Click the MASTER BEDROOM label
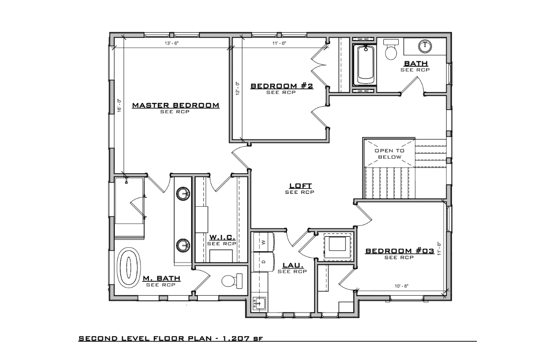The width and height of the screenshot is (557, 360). pos(176,105)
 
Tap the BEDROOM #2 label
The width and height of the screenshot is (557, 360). pos(282,86)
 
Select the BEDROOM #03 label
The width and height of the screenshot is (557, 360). pos(400,251)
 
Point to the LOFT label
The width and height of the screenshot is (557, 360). pos(300,185)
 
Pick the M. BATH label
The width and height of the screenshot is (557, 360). pos(162,278)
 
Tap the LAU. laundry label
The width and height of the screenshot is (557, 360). pos(293,265)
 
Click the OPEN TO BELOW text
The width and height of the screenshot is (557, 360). pos(389,154)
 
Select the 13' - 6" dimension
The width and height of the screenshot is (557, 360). pos(171,44)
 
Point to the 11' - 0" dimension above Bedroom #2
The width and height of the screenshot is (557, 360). pos(279,44)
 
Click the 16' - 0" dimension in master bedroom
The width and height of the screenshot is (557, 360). pos(119,105)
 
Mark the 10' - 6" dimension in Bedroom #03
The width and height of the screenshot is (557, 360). pos(401,286)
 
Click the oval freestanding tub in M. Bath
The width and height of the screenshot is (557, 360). pos(129,266)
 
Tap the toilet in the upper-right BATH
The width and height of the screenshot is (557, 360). pos(391,49)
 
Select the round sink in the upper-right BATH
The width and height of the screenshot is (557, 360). pos(425,46)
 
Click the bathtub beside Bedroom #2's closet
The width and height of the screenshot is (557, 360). pos(365,65)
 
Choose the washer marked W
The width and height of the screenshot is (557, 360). pos(263,242)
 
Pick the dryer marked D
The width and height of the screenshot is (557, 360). pos(263,262)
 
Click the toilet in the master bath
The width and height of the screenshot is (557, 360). pos(232,281)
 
